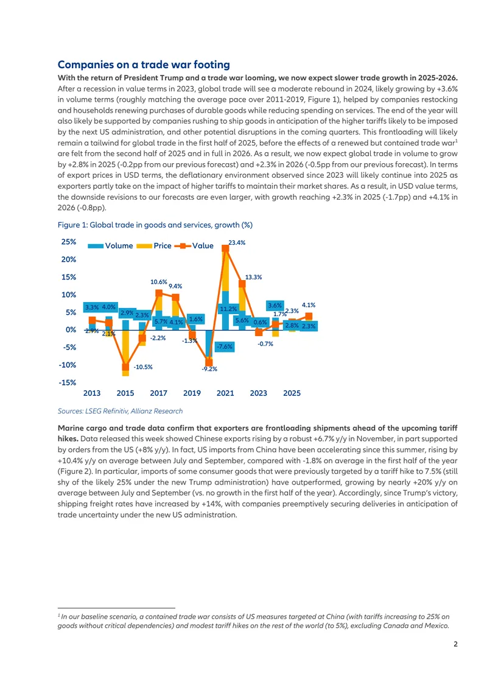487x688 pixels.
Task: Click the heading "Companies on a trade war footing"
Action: tap(144, 65)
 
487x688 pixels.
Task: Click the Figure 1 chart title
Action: tap(155, 225)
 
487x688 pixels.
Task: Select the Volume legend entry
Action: tap(110, 246)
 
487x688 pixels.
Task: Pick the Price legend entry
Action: tap(154, 246)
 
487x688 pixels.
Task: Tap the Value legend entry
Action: tap(194, 246)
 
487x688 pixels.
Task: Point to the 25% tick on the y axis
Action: tap(69, 242)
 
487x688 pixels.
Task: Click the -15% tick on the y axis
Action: tap(68, 382)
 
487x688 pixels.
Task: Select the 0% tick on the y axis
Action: tap(71, 329)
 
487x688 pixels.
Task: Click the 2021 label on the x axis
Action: tap(225, 393)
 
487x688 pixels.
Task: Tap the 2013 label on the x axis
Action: tap(92, 393)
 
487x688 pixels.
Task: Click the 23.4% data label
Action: tap(237, 243)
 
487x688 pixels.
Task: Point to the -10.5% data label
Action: tap(143, 367)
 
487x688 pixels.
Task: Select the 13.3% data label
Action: tap(254, 277)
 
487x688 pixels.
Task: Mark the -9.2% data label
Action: tap(209, 369)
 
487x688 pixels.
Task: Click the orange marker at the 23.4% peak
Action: tap(225, 248)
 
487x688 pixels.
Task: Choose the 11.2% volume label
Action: tap(228, 309)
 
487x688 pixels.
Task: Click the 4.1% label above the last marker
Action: tap(309, 305)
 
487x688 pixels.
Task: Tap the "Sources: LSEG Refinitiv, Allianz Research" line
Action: tap(120, 411)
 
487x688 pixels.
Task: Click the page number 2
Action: tap(455, 644)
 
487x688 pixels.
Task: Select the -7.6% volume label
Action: tap(225, 346)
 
